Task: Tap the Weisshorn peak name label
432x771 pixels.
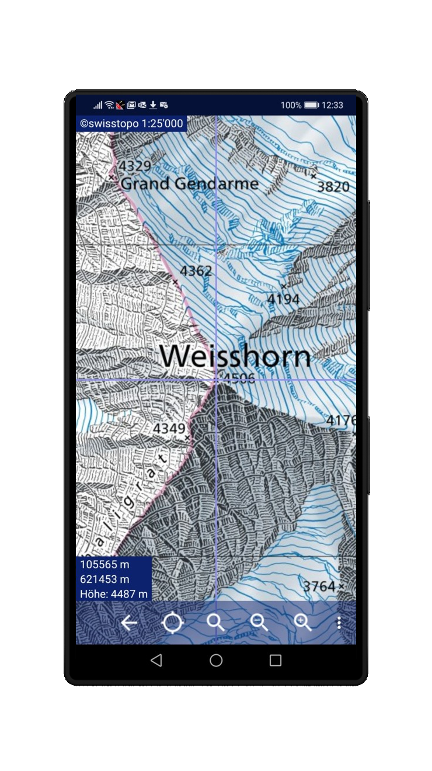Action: (235, 356)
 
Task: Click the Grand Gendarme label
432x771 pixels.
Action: (189, 184)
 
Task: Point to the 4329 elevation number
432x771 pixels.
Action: (135, 166)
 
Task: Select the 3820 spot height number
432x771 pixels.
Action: (333, 187)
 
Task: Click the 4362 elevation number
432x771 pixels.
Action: (196, 271)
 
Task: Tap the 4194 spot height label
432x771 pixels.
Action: (283, 300)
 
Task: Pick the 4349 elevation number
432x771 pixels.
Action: (169, 429)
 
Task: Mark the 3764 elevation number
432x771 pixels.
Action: (319, 586)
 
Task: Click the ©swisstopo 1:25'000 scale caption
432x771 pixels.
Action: (131, 123)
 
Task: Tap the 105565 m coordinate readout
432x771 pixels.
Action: (105, 564)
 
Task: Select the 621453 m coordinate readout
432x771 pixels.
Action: (105, 579)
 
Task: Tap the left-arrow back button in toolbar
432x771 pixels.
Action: (128, 623)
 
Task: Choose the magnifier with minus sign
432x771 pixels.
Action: (259, 623)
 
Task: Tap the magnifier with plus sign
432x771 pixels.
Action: (302, 623)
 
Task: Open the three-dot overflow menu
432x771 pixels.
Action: (339, 623)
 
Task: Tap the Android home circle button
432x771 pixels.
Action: (216, 661)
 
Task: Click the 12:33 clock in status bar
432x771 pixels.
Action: (332, 105)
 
